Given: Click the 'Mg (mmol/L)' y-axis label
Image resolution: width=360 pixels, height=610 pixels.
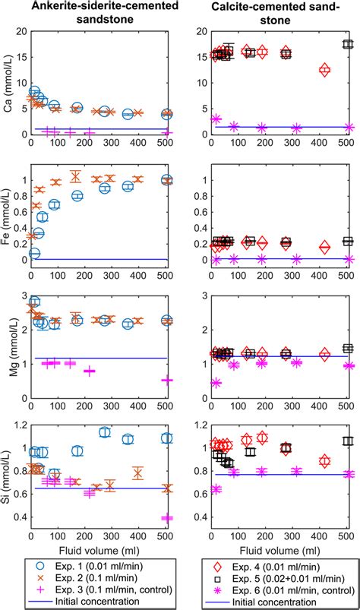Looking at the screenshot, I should pos(8,346).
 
